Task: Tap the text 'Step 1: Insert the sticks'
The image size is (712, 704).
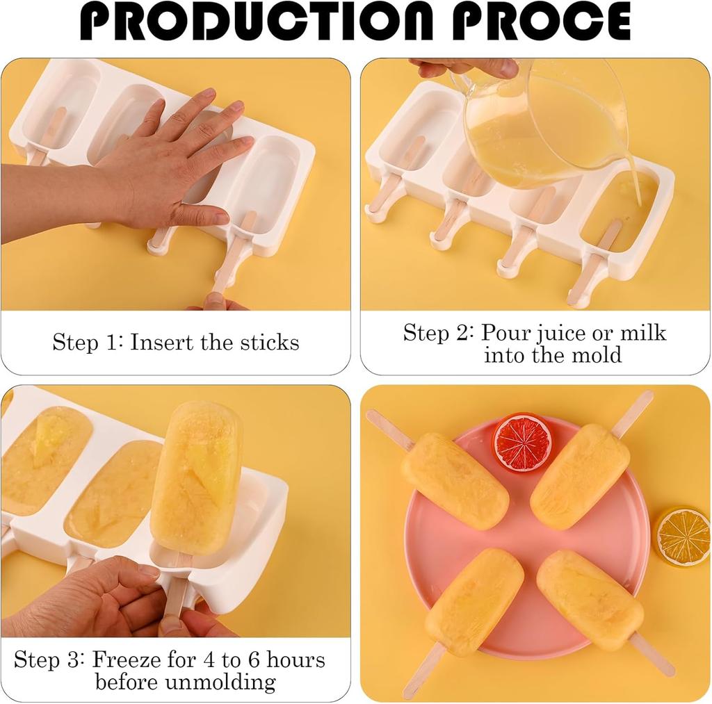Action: (x=176, y=343)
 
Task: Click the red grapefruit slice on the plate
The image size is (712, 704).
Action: (x=522, y=442)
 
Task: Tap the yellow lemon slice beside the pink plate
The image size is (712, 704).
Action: (x=682, y=536)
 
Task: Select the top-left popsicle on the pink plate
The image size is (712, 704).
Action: (x=455, y=480)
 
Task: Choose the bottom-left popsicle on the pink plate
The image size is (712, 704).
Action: (x=474, y=602)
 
